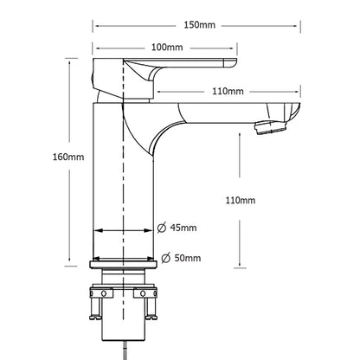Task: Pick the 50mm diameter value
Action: click(x=188, y=258)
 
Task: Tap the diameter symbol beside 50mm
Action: click(x=165, y=258)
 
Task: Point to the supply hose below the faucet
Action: click(x=127, y=350)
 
